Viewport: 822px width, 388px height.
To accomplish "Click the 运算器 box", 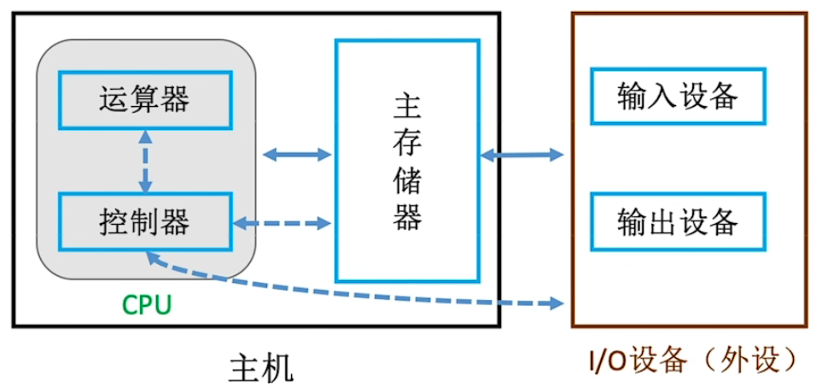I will point(144,100).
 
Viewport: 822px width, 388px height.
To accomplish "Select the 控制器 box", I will point(144,222).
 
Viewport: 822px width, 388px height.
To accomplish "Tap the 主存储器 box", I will point(406,160).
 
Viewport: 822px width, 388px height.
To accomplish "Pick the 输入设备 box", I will point(678,97).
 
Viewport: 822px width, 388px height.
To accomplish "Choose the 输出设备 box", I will point(678,221).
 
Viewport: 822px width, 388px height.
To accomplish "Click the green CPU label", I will point(146,305).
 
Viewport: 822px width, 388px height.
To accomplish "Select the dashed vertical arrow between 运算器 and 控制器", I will point(145,162).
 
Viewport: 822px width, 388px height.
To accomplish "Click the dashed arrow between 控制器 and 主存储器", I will point(282,224).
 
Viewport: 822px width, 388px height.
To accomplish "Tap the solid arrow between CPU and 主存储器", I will point(296,155).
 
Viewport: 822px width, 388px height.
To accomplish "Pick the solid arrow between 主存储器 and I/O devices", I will point(522,155).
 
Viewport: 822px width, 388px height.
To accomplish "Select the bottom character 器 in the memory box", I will point(407,219).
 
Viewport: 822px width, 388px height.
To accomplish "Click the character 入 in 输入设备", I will point(662,97).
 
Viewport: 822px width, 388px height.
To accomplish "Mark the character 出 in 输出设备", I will point(662,221).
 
